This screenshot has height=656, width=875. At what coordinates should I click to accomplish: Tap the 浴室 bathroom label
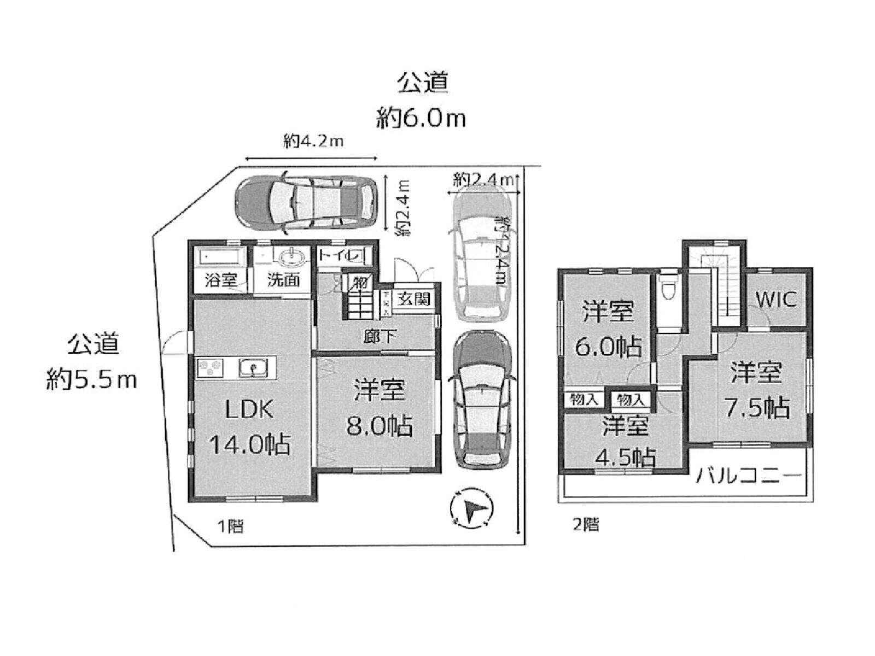click(220, 280)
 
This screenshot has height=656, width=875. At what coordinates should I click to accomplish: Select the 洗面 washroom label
click(283, 280)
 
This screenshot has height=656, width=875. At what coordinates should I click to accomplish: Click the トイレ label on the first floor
click(339, 255)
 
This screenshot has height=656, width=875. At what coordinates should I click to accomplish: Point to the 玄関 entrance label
click(413, 298)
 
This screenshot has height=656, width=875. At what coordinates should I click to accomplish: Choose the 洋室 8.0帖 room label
click(379, 408)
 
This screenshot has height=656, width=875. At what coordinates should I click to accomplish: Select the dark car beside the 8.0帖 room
click(482, 400)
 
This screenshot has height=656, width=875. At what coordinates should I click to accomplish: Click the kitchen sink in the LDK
click(253, 367)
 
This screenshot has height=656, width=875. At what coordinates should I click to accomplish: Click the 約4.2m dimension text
click(313, 142)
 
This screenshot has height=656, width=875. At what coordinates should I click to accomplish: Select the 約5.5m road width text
click(91, 379)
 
